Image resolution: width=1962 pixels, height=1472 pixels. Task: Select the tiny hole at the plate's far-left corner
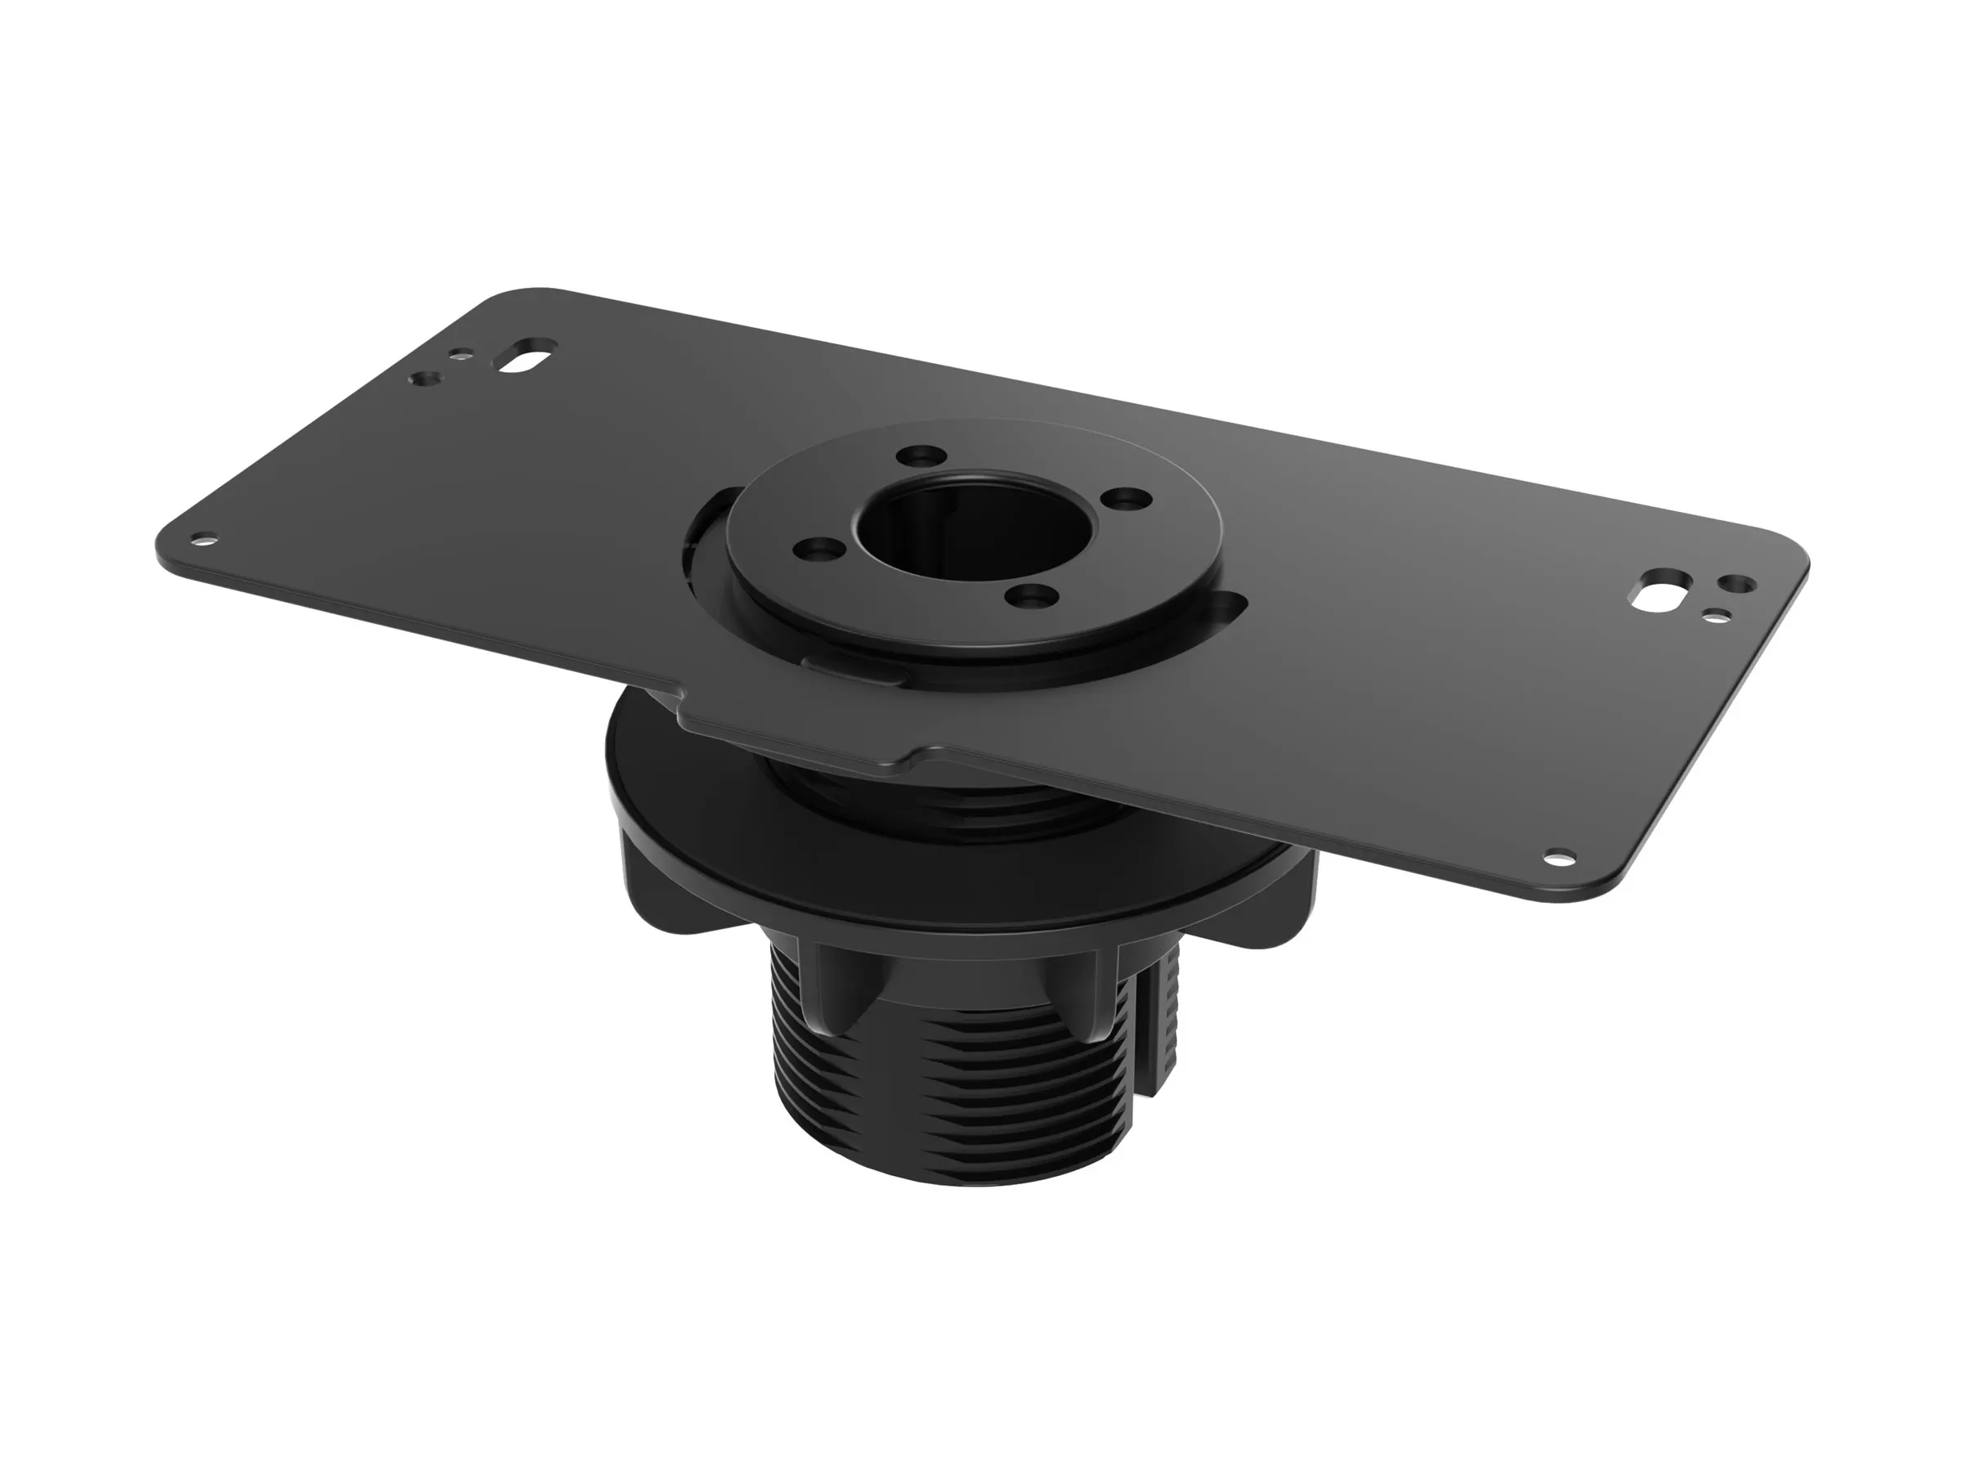click(205, 538)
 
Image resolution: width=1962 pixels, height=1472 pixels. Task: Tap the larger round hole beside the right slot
click(1734, 584)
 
